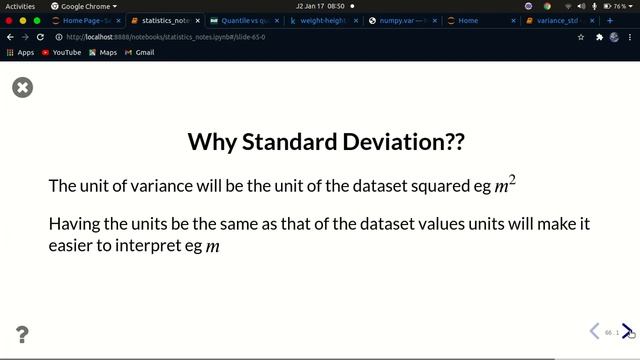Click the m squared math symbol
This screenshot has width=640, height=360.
(505, 185)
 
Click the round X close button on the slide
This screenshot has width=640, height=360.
(22, 88)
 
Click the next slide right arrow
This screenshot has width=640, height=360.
(627, 331)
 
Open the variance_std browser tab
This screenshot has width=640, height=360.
(559, 20)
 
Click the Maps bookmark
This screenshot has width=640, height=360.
(103, 52)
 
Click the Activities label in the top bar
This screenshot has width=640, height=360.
(20, 6)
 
